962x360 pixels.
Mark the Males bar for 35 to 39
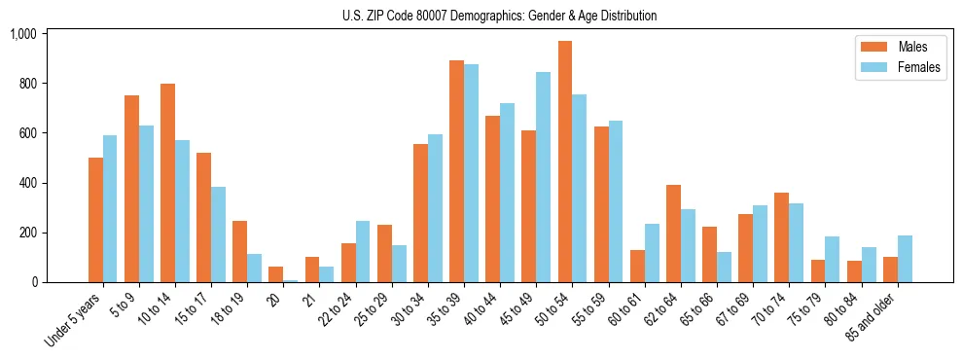(456, 171)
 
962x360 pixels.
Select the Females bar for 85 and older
(905, 259)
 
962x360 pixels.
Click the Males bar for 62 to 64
(673, 234)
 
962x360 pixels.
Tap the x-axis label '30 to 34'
(409, 308)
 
